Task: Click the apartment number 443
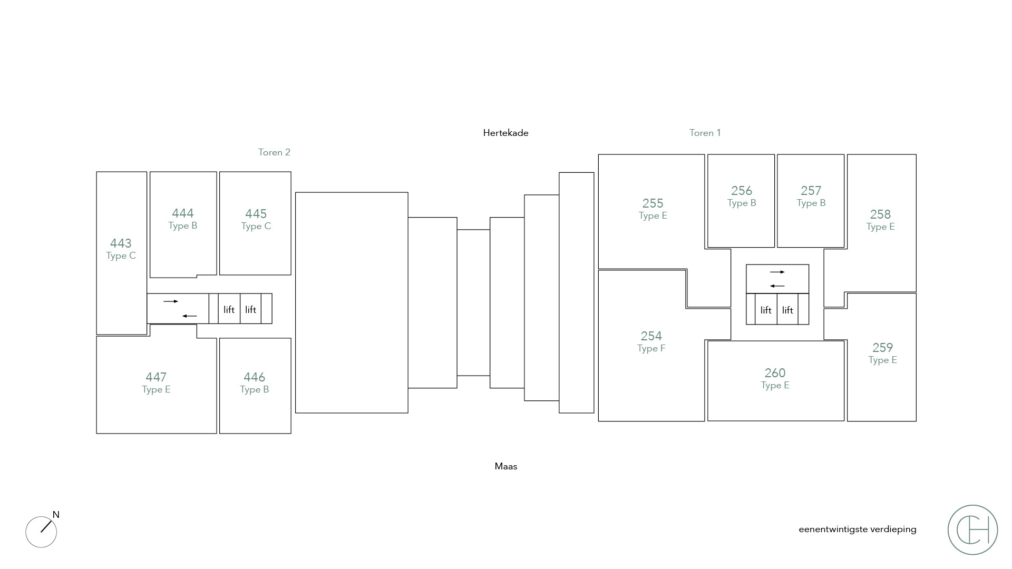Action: (x=121, y=243)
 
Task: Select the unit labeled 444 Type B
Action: (x=183, y=219)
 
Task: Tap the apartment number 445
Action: (x=256, y=214)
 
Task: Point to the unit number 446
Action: (x=254, y=377)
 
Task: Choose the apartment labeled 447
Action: (x=156, y=377)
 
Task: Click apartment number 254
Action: (x=651, y=336)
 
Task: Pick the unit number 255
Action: (x=653, y=203)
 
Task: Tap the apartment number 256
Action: (x=742, y=191)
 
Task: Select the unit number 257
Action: (x=811, y=191)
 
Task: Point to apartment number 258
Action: (x=880, y=214)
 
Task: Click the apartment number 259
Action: (x=882, y=348)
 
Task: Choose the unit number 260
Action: (x=775, y=373)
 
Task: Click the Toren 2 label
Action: (x=274, y=152)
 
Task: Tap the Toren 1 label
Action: (x=705, y=133)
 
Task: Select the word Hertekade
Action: (x=505, y=133)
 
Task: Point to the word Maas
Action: (x=505, y=466)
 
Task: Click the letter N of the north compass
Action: (x=56, y=515)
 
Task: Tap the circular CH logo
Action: (x=972, y=529)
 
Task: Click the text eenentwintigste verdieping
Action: (x=857, y=529)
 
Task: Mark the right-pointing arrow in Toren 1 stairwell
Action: (x=777, y=272)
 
